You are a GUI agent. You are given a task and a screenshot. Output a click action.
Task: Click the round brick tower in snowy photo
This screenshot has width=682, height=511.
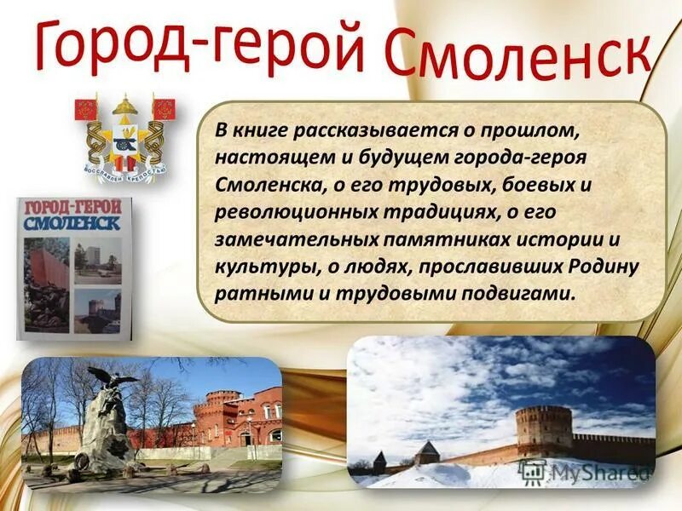(x=544, y=430)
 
